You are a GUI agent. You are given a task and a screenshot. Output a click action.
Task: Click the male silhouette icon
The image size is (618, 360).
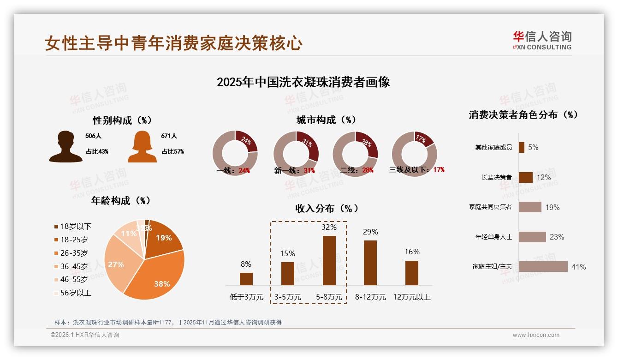pos(66,147)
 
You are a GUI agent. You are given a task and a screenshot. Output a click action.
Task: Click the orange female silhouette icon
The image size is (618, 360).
pos(142,147)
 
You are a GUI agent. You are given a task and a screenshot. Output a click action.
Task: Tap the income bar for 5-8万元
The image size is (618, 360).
pos(329,260)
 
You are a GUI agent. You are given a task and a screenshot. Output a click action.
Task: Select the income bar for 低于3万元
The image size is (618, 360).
pos(246,279)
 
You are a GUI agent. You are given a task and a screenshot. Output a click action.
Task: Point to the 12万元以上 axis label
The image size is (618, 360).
pos(411,297)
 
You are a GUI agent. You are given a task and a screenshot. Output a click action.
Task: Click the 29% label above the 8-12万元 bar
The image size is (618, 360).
pos(370,232)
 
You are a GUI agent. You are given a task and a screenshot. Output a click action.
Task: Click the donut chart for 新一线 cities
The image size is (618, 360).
pos(296,153)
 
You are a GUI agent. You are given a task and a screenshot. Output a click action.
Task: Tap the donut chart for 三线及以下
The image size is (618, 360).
pos(414,153)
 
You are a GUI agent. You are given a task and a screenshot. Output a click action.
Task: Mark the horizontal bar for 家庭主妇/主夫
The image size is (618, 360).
pos(543,267)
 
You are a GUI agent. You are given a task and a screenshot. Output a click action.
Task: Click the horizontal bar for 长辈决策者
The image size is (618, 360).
pos(526,177)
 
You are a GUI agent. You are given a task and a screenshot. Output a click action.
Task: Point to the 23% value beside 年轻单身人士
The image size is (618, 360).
pos(557,237)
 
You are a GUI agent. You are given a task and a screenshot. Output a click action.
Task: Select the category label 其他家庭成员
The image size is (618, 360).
pos(493,148)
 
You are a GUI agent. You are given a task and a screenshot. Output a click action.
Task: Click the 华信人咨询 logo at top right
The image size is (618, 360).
pos(542,40)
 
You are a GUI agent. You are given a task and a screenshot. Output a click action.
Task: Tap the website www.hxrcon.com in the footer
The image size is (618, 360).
pos(536,335)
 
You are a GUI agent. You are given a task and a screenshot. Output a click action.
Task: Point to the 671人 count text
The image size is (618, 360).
pos(169,136)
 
